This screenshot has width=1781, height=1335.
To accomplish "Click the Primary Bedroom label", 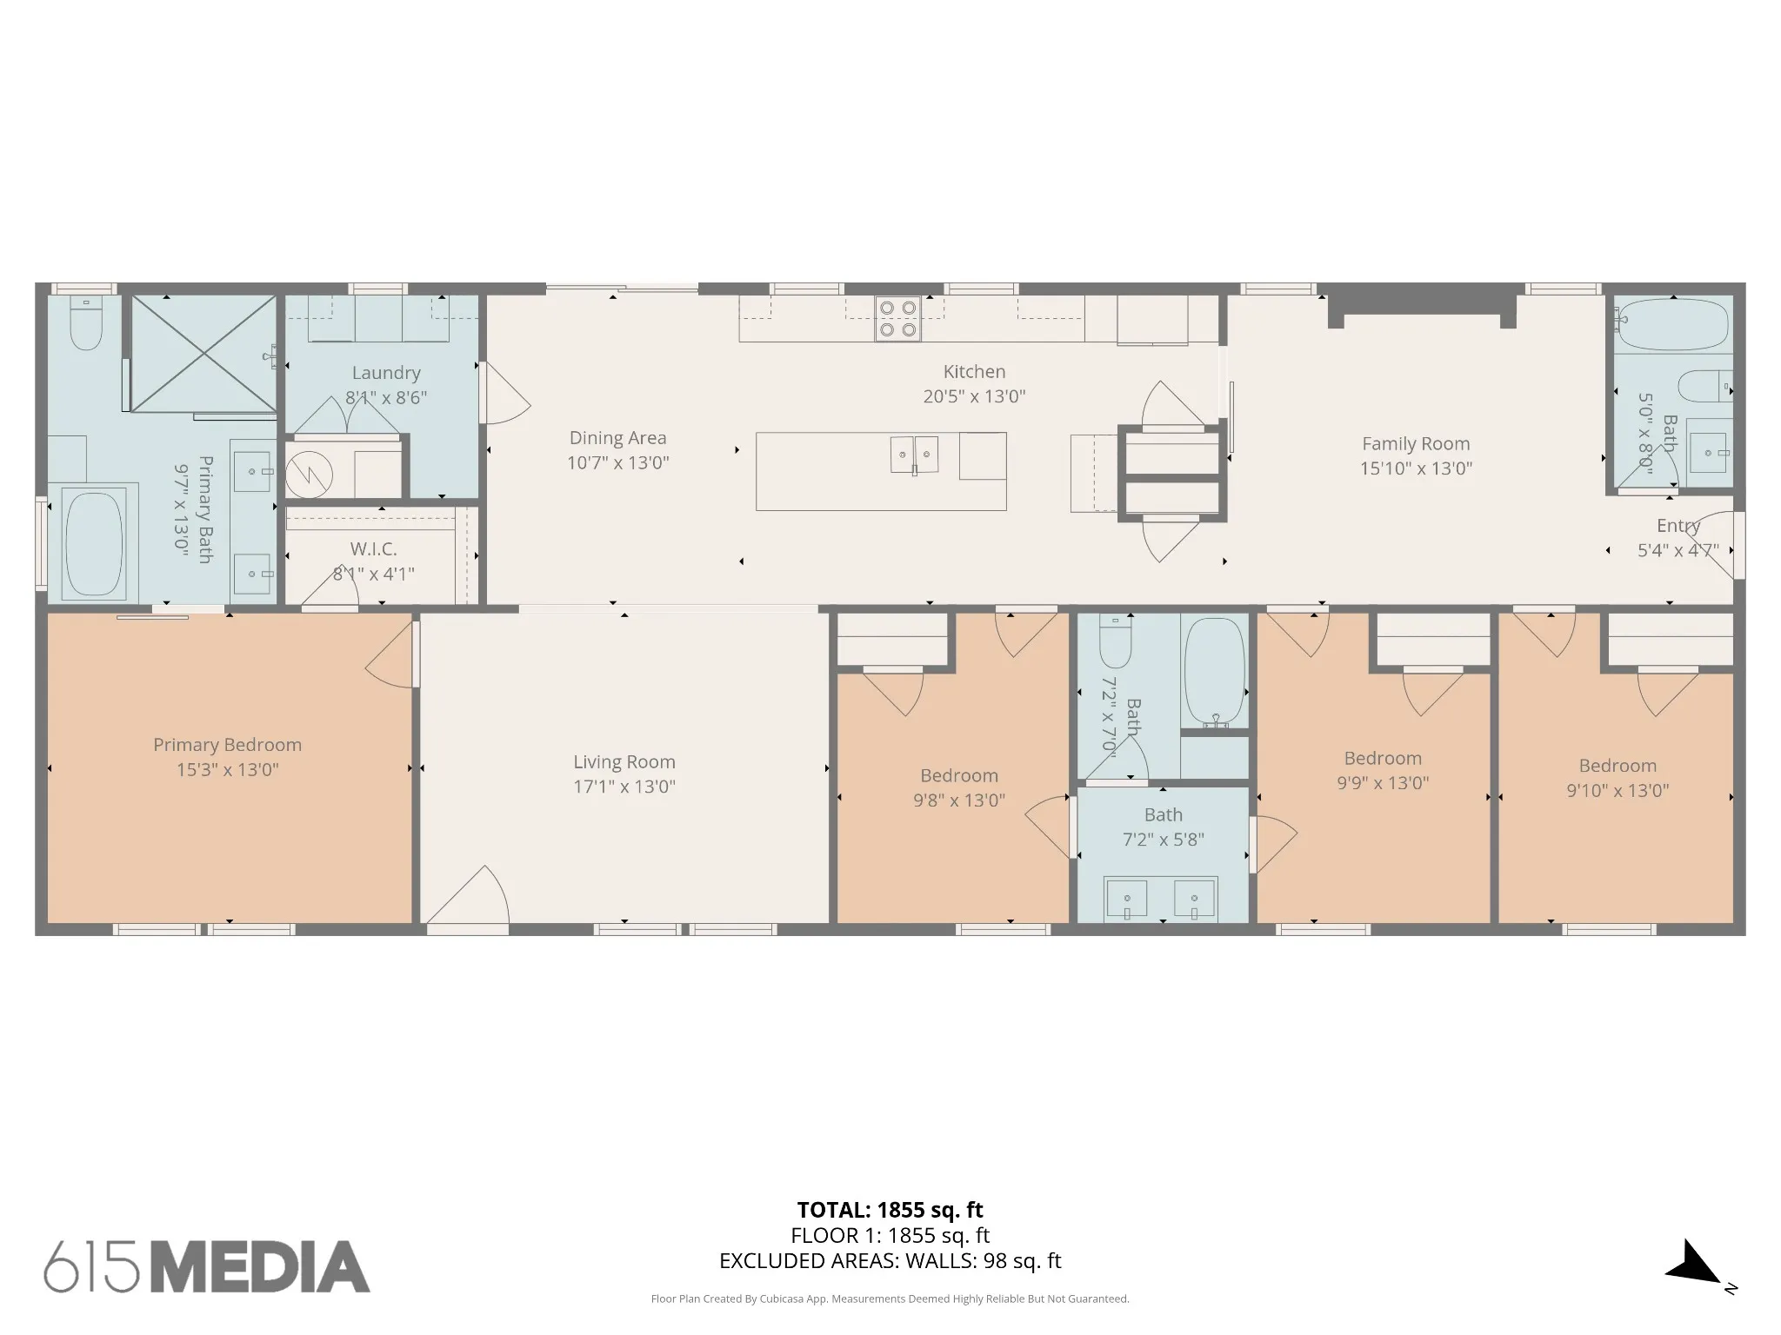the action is pyautogui.click(x=227, y=745).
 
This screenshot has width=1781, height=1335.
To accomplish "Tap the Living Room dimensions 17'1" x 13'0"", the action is pyautogui.click(x=624, y=787).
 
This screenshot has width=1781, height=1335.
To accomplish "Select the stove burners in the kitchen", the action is pyautogui.click(x=898, y=318).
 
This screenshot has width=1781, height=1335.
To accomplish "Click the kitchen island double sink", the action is pyautogui.click(x=914, y=455).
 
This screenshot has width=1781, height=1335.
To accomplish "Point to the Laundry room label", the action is pyautogui.click(x=386, y=373).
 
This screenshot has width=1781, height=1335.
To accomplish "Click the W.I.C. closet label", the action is pyautogui.click(x=373, y=549).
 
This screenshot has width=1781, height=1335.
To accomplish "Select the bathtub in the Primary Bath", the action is pyautogui.click(x=94, y=544).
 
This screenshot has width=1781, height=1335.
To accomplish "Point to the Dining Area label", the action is pyautogui.click(x=617, y=438).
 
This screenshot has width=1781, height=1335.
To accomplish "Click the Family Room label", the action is pyautogui.click(x=1416, y=443).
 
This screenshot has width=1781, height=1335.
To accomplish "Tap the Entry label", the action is pyautogui.click(x=1678, y=526).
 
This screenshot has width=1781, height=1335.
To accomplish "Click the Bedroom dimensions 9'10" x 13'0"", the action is pyautogui.click(x=1618, y=791).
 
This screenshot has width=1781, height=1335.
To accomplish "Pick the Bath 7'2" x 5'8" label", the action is pyautogui.click(x=1163, y=827).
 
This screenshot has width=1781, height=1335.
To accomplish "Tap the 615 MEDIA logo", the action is pyautogui.click(x=207, y=1266).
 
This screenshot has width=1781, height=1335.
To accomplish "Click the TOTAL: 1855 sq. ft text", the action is pyautogui.click(x=890, y=1210).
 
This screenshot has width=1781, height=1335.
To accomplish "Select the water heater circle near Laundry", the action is pyautogui.click(x=309, y=475).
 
